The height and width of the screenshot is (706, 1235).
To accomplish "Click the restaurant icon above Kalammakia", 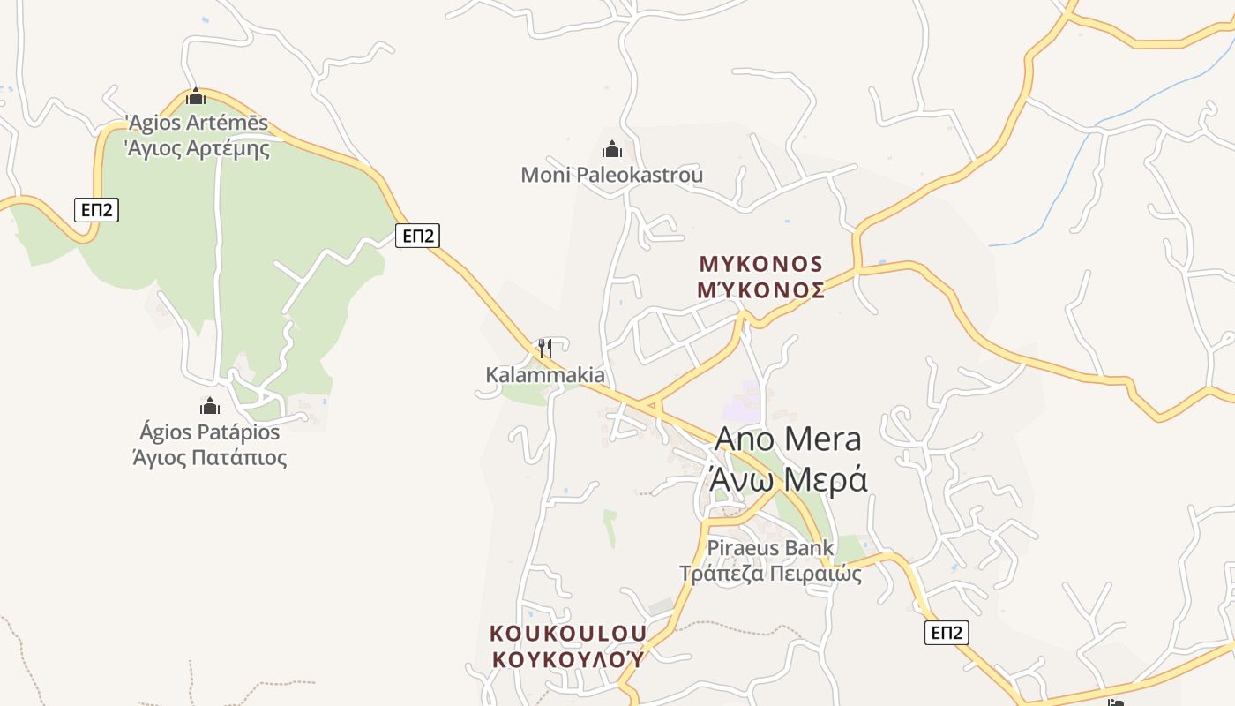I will (x=545, y=348).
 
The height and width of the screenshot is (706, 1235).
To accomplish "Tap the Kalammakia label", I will (x=545, y=375).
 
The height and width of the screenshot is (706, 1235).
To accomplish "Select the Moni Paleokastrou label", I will (x=612, y=175).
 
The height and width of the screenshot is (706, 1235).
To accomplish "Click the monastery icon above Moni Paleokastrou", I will (x=612, y=149).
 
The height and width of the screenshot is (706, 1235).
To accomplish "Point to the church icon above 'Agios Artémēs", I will (x=196, y=96).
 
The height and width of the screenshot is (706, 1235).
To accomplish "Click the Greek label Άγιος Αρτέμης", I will (x=198, y=148).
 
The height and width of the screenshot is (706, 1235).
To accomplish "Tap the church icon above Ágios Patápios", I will (x=210, y=406).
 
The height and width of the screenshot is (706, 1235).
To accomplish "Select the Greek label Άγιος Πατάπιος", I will (x=209, y=458).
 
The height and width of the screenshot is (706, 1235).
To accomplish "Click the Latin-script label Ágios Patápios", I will (x=209, y=432).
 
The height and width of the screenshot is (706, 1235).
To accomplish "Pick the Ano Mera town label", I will (x=788, y=439).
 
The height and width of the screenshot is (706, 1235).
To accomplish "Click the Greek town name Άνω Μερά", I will (x=788, y=479).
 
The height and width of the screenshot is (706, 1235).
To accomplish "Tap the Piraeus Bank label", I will (x=770, y=548).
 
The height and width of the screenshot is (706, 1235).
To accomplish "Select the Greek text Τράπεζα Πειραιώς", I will (x=770, y=574).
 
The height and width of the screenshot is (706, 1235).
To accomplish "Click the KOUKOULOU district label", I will (x=568, y=634).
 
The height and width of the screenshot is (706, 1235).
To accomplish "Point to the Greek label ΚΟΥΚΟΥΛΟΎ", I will (x=568, y=659).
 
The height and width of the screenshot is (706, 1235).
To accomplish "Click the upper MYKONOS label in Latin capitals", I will (x=760, y=264).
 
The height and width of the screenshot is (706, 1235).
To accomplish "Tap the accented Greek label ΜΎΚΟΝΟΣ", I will (x=760, y=289).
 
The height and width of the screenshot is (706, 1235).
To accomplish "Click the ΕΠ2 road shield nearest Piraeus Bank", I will (x=947, y=632).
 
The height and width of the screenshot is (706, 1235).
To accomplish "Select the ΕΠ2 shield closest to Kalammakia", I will (x=417, y=235).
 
